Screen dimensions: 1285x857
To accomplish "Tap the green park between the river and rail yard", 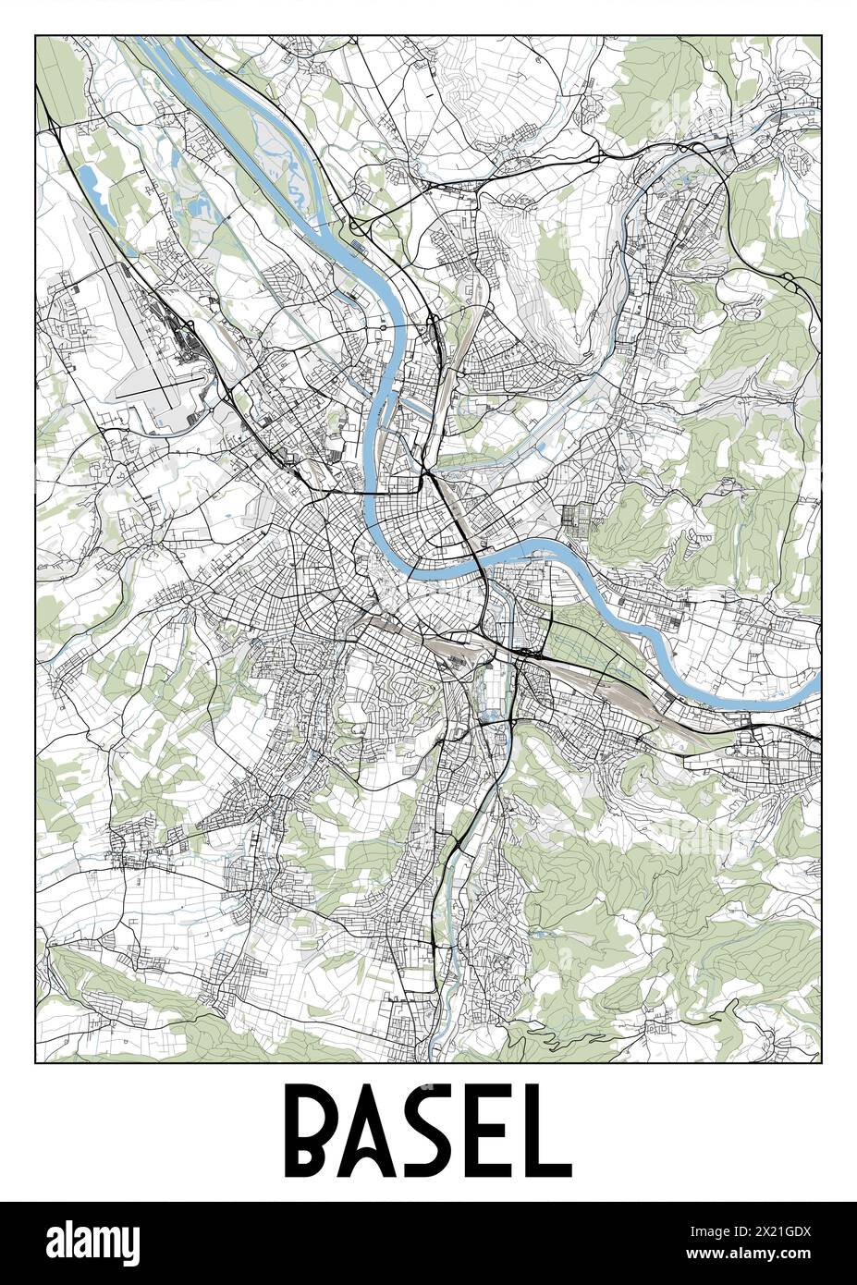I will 578,638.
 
